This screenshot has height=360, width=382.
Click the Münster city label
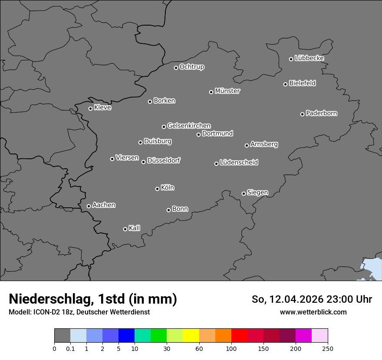pyautogui.click(x=227, y=91)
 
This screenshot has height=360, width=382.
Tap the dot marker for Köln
pyautogui.click(x=157, y=189)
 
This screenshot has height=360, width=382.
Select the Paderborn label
pyautogui.click(x=321, y=113)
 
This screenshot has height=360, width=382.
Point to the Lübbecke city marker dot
pyautogui.click(x=291, y=59)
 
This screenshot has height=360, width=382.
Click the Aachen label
pyautogui.click(x=104, y=205)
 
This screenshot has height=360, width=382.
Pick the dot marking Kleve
pyautogui.click(x=90, y=108)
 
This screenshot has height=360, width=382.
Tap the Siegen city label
pyautogui.click(x=257, y=193)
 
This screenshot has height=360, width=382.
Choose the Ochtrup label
pyautogui.click(x=191, y=67)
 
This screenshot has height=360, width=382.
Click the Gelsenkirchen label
pyautogui.click(x=189, y=126)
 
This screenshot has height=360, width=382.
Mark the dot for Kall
pyautogui.click(x=125, y=229)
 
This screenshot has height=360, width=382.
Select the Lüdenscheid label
pyautogui.click(x=239, y=163)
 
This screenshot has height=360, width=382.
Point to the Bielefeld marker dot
pyautogui.click(x=286, y=84)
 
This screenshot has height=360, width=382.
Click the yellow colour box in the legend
pyautogui.click(x=191, y=336)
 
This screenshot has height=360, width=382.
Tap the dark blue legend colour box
pyautogui.click(x=126, y=336)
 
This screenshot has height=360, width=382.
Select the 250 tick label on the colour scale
pyautogui.click(x=328, y=348)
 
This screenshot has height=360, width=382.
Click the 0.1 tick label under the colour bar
pyautogui.click(x=70, y=348)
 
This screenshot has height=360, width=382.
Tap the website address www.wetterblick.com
pyautogui.click(x=313, y=312)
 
